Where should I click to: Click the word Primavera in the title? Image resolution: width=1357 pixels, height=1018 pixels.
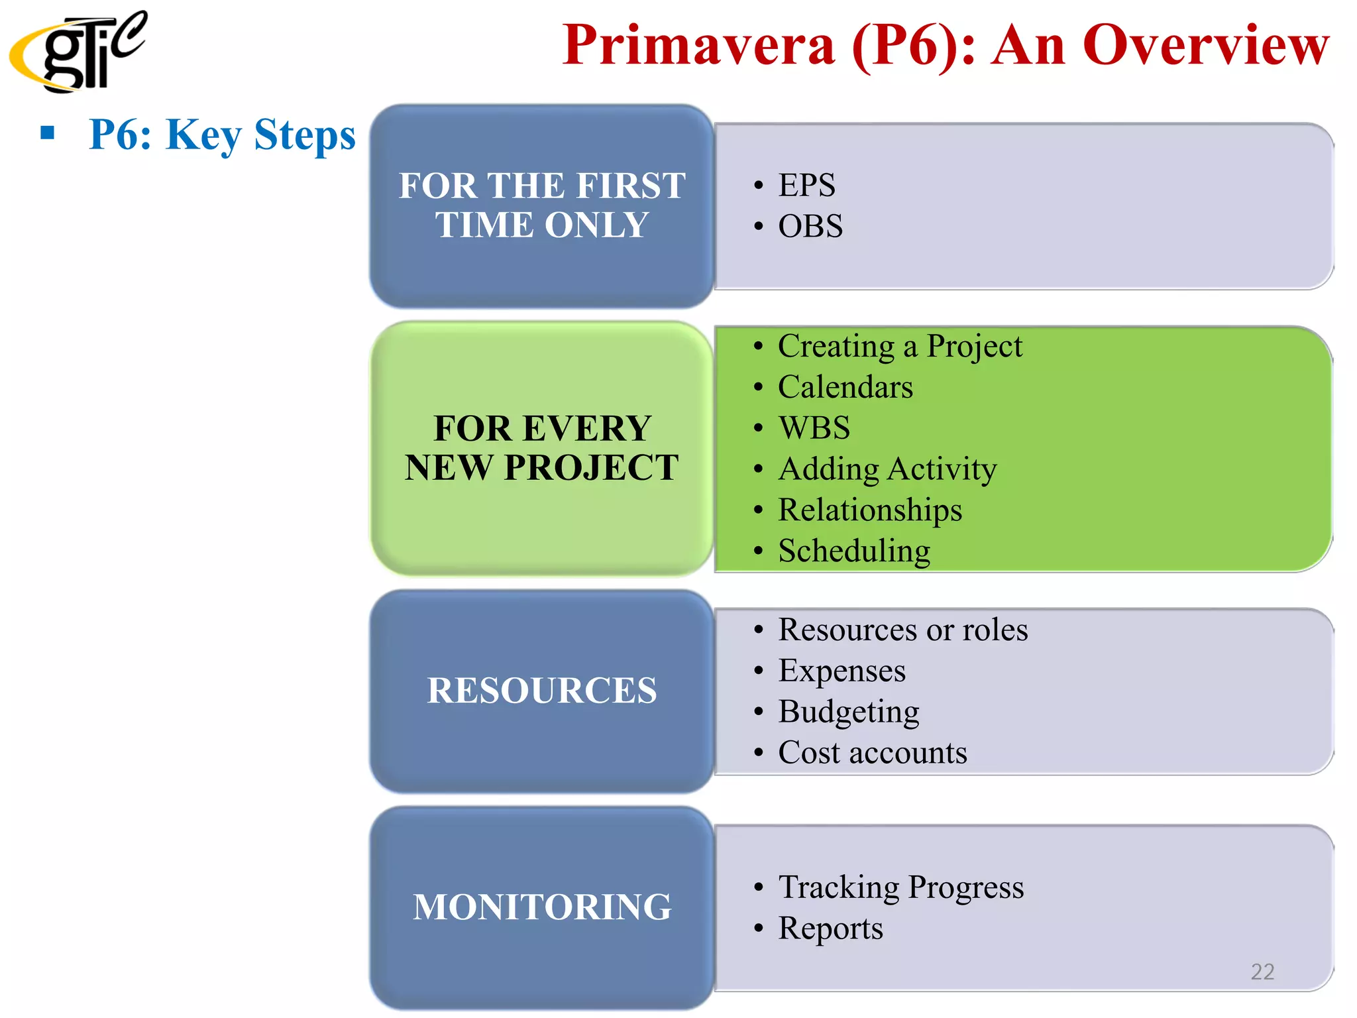click(699, 45)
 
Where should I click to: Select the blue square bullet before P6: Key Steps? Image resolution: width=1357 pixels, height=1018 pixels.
click(47, 133)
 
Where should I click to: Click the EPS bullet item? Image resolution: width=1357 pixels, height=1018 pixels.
click(806, 185)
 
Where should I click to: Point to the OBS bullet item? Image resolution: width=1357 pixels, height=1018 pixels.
click(810, 226)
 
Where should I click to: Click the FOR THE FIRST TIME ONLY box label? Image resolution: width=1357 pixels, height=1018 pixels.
click(542, 205)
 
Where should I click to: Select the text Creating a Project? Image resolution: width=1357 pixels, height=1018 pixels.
click(899, 346)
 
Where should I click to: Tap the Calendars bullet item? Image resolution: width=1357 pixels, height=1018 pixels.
click(845, 387)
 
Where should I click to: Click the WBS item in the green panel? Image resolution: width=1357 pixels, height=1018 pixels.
click(814, 427)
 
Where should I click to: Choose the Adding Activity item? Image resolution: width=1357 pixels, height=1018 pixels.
click(887, 469)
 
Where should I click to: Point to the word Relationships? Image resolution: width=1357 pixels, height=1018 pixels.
click(869, 510)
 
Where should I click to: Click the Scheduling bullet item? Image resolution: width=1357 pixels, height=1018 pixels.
click(853, 551)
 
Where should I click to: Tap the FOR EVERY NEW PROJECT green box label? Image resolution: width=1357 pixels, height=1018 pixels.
click(542, 447)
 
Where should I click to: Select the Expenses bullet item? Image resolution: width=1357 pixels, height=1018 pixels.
click(841, 671)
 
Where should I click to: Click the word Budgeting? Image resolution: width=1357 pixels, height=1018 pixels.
click(848, 712)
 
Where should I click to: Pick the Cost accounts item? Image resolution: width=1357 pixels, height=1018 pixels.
click(872, 753)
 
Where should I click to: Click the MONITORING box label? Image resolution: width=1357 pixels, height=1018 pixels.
click(542, 907)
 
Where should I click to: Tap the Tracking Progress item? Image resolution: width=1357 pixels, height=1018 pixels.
click(900, 887)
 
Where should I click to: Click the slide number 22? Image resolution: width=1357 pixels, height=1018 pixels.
click(1262, 972)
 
